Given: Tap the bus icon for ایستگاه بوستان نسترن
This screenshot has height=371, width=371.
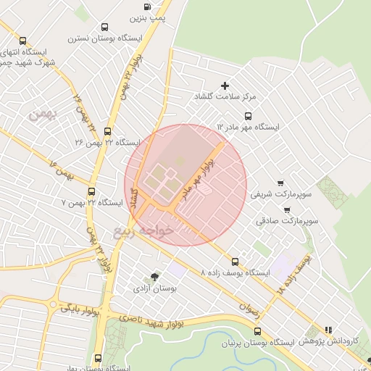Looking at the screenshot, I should pos(106,27).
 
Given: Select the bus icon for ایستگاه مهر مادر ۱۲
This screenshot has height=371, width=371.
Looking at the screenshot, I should pos(248,115).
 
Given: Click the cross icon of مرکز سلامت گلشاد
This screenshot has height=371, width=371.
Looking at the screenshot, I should pos(225,86).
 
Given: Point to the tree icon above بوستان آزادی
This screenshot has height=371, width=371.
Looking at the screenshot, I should pos(154,277).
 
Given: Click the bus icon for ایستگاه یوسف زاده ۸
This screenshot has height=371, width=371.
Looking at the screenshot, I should pos(234,262).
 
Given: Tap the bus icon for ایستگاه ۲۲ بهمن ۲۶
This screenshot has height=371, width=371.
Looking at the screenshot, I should pos(108,132).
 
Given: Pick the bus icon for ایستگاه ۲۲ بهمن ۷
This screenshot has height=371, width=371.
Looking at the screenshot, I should pos(91,192).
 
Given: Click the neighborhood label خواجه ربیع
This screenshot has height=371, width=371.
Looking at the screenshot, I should pos(143,231).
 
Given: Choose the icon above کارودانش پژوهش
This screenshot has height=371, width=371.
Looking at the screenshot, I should pos(328,328).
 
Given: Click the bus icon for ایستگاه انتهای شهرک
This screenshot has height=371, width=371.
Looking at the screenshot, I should pos(22,41).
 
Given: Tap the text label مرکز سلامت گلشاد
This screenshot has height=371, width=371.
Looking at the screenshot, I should pos(225,96).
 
